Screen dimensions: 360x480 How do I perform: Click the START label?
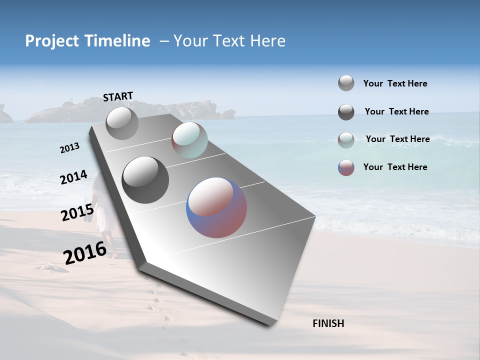(x=118, y=96)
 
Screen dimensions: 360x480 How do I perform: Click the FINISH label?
(x=328, y=323)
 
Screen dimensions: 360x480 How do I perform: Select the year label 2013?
(x=69, y=148)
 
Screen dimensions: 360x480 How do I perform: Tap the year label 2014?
(x=73, y=177)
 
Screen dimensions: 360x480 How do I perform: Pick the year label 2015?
(x=77, y=213)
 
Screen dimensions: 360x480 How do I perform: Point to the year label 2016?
(x=85, y=253)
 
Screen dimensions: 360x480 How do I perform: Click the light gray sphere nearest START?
(x=122, y=123)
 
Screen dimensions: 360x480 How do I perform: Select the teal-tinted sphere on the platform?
(x=189, y=140)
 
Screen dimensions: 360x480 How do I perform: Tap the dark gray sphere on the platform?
(x=145, y=180)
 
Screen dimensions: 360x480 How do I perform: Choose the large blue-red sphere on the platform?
(x=216, y=207)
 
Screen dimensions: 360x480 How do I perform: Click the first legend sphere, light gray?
(x=346, y=83)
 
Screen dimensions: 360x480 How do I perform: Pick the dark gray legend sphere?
(x=346, y=112)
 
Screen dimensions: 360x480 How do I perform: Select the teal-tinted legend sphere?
(x=346, y=140)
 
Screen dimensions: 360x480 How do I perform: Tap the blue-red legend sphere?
(x=346, y=167)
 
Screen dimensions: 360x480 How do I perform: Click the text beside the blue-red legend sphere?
(x=395, y=167)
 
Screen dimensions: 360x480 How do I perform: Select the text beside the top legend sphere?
(x=395, y=83)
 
